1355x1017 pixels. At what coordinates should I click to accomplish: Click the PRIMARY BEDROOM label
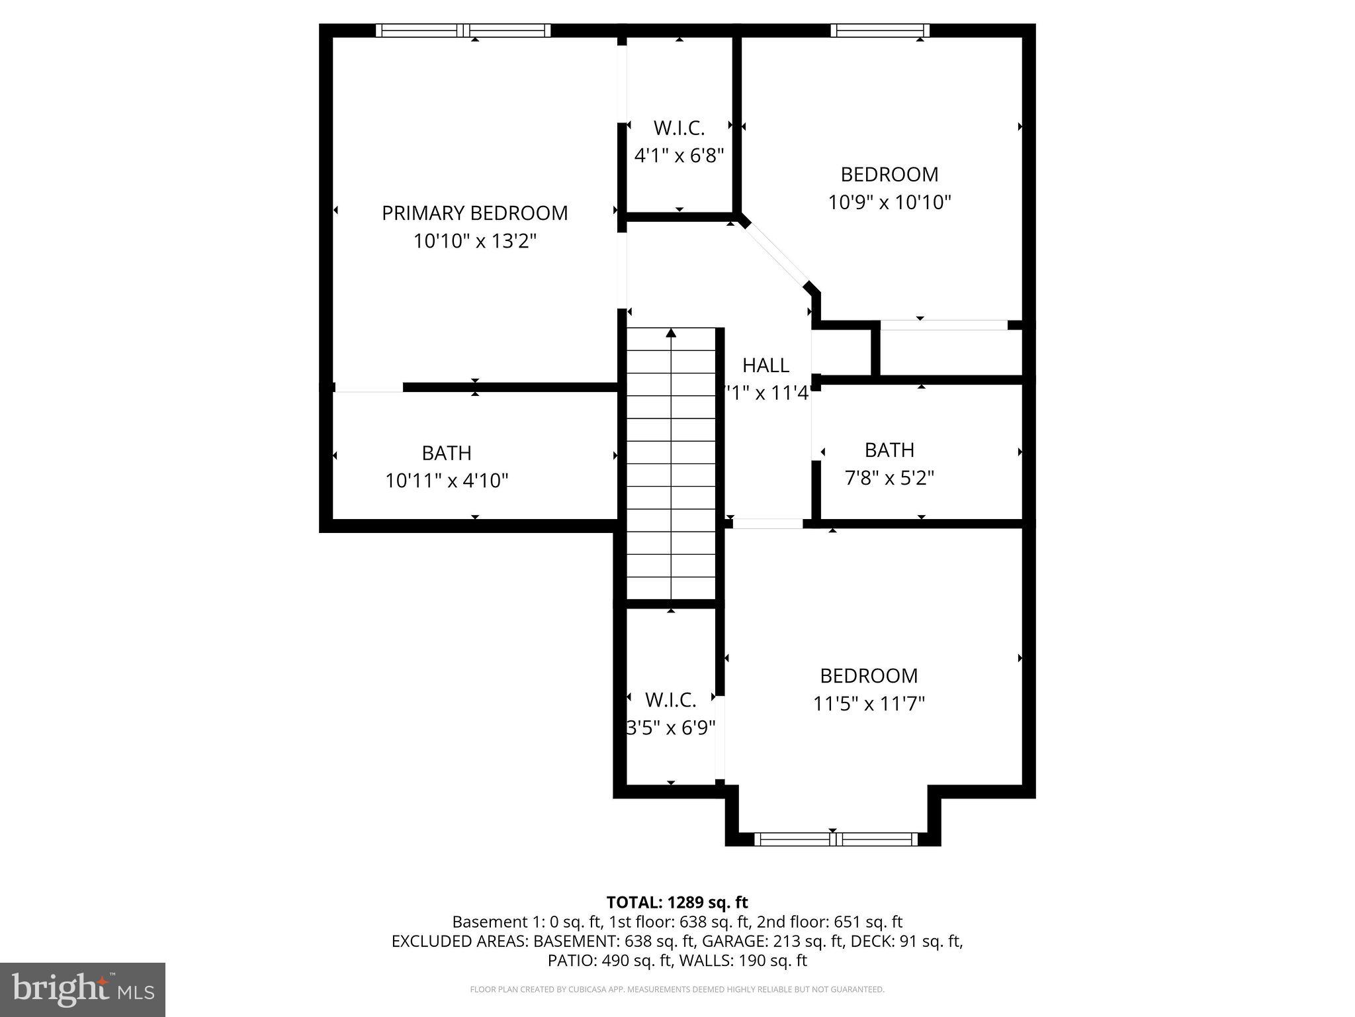pos(474,213)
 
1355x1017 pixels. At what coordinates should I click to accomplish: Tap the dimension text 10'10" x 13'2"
pos(474,241)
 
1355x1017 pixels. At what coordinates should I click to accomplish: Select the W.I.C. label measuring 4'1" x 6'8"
pos(679,128)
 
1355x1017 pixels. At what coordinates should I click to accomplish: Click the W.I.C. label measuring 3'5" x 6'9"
pos(670,700)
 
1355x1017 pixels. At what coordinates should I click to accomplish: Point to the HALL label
pos(765,365)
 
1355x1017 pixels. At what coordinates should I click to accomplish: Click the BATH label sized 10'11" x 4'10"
pos(447,454)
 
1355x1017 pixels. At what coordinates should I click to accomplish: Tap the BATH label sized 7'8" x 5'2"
pos(889,450)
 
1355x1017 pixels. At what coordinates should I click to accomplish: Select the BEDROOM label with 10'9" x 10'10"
pos(889,175)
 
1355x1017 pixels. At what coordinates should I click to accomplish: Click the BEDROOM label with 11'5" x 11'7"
pos(869,676)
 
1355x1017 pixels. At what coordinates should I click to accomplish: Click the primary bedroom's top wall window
pos(463,30)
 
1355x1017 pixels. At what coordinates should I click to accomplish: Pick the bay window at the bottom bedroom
pos(836,840)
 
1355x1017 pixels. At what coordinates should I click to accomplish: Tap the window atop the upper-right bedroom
pos(880,30)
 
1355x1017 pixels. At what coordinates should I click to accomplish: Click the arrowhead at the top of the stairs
pos(671,332)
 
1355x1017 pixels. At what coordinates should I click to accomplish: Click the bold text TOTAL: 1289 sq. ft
pos(677,902)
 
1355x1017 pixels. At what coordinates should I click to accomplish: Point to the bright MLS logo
pos(83,989)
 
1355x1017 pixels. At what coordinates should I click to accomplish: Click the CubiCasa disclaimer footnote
pos(677,990)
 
